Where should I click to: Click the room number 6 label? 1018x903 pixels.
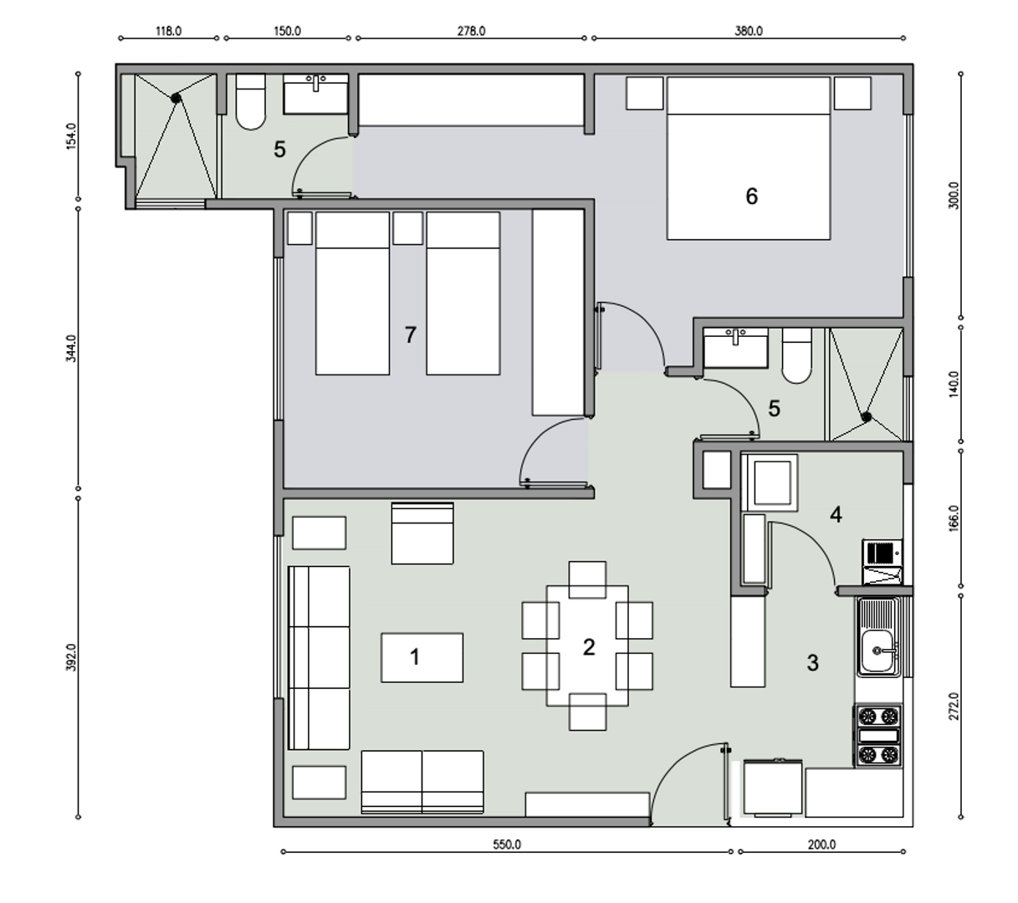click(x=751, y=196)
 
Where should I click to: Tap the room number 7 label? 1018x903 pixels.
click(x=410, y=334)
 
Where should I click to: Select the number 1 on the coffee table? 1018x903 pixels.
click(x=415, y=657)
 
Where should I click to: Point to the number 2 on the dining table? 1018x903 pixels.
click(x=589, y=647)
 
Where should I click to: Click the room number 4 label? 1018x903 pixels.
click(x=836, y=514)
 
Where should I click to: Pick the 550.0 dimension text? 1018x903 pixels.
click(x=506, y=844)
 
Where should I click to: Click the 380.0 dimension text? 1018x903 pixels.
click(x=748, y=31)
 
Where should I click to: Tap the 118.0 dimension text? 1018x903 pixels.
click(x=168, y=31)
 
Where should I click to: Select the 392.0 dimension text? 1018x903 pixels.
click(x=71, y=657)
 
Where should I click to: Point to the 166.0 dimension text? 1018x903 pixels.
click(x=954, y=518)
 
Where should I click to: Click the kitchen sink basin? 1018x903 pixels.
click(x=877, y=650)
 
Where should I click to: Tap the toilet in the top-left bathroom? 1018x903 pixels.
click(x=250, y=102)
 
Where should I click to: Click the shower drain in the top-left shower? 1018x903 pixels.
click(x=176, y=99)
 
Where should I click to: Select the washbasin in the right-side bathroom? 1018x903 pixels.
click(x=735, y=348)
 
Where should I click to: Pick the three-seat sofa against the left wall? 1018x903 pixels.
click(x=319, y=657)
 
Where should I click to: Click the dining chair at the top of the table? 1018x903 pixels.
click(x=587, y=579)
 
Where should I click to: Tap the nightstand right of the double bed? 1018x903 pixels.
click(x=852, y=93)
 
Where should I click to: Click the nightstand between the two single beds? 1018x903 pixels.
click(x=407, y=228)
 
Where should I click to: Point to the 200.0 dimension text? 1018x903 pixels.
click(x=821, y=844)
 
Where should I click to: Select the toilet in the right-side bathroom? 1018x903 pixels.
click(x=796, y=355)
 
